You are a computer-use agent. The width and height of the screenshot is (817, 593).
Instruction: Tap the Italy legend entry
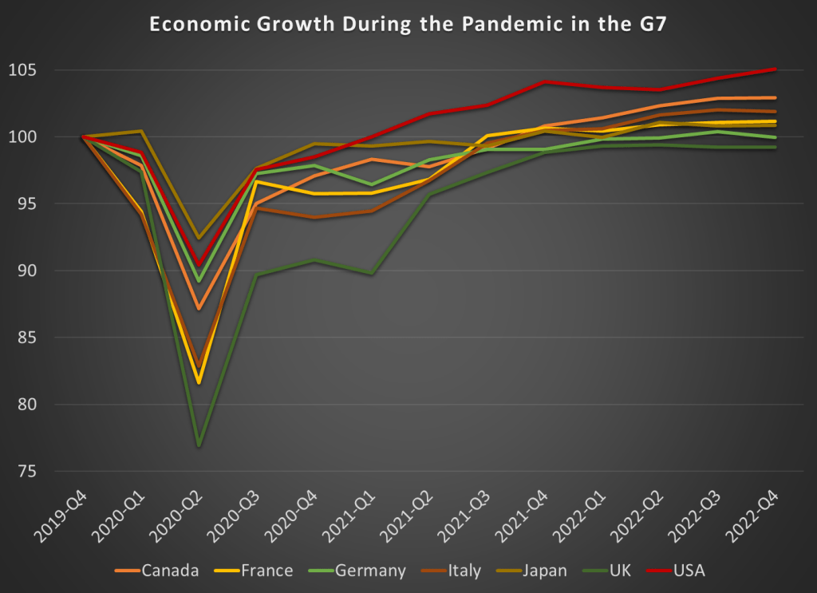click(464, 571)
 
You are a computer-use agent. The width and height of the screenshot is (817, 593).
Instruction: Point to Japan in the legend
click(546, 571)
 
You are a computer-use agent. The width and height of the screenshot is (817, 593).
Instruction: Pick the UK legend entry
click(620, 571)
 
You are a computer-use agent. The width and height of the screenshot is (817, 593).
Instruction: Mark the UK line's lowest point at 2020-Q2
click(199, 445)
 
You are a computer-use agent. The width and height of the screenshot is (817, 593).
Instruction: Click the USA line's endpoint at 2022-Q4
click(776, 69)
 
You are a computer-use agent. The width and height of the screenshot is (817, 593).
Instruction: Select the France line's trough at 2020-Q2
click(199, 383)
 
